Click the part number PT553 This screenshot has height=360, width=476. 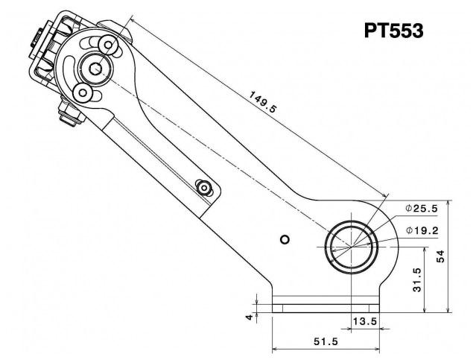point(393,31)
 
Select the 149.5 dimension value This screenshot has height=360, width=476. point(263,102)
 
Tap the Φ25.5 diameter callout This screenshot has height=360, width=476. point(422,209)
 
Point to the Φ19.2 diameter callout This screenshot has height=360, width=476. point(422,231)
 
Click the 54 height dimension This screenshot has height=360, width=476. point(440,256)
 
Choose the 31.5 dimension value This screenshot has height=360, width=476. point(417,280)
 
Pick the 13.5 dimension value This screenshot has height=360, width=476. point(365,320)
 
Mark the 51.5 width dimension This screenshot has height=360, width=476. point(326,341)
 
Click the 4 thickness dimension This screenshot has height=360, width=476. point(250,318)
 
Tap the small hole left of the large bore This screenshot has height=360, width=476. point(285,240)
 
